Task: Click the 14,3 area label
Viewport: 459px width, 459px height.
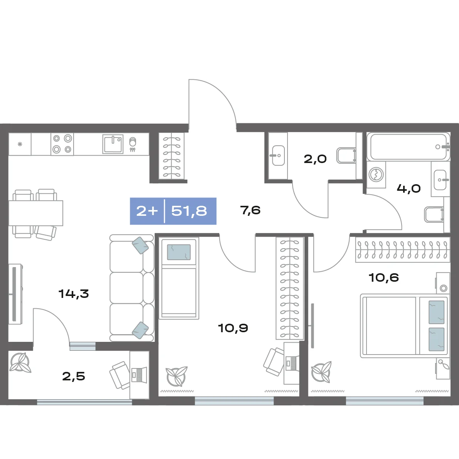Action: pyautogui.click(x=74, y=293)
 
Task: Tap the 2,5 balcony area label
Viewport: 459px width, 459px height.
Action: pyautogui.click(x=74, y=376)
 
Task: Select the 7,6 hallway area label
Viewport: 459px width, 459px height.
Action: pyautogui.click(x=250, y=210)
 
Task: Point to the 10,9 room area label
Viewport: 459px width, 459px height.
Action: pyautogui.click(x=233, y=328)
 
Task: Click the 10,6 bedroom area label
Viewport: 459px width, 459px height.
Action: pyautogui.click(x=384, y=277)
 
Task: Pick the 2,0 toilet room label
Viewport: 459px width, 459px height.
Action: pyautogui.click(x=315, y=159)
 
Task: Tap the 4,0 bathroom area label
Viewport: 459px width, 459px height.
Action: pyautogui.click(x=409, y=188)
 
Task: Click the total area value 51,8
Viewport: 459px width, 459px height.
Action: pyautogui.click(x=189, y=211)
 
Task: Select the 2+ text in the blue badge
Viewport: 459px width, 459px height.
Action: pyautogui.click(x=147, y=211)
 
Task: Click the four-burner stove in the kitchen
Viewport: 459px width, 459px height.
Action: pyautogui.click(x=62, y=144)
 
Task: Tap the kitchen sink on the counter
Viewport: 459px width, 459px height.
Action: pyautogui.click(x=113, y=144)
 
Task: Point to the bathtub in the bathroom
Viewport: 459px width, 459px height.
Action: pyautogui.click(x=409, y=147)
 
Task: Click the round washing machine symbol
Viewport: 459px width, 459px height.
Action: pyautogui.click(x=376, y=175)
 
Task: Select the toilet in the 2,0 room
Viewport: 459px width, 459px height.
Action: pyautogui.click(x=346, y=155)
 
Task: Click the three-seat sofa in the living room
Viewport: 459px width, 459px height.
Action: pyautogui.click(x=132, y=288)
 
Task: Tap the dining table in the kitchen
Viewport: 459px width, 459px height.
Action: pyautogui.click(x=36, y=213)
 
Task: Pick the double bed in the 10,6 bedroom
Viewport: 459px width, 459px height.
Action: pyautogui.click(x=404, y=326)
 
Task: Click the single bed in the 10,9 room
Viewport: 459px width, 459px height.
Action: pyautogui.click(x=179, y=278)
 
